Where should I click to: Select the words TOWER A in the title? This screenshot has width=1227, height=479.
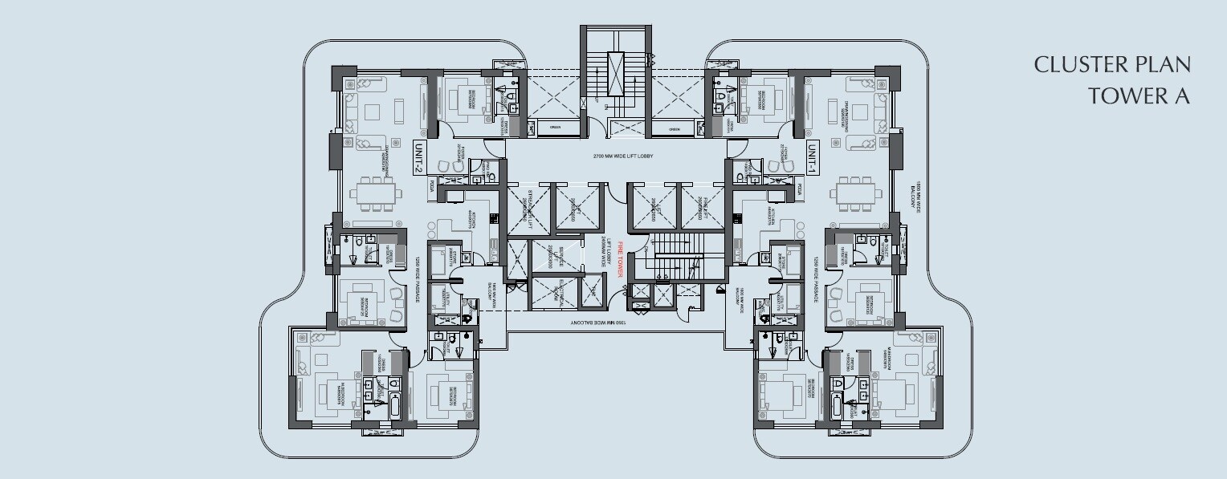click(x=1138, y=96)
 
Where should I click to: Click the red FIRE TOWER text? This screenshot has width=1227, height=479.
click(x=621, y=262)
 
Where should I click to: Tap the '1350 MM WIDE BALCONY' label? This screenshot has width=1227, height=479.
click(x=599, y=323)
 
